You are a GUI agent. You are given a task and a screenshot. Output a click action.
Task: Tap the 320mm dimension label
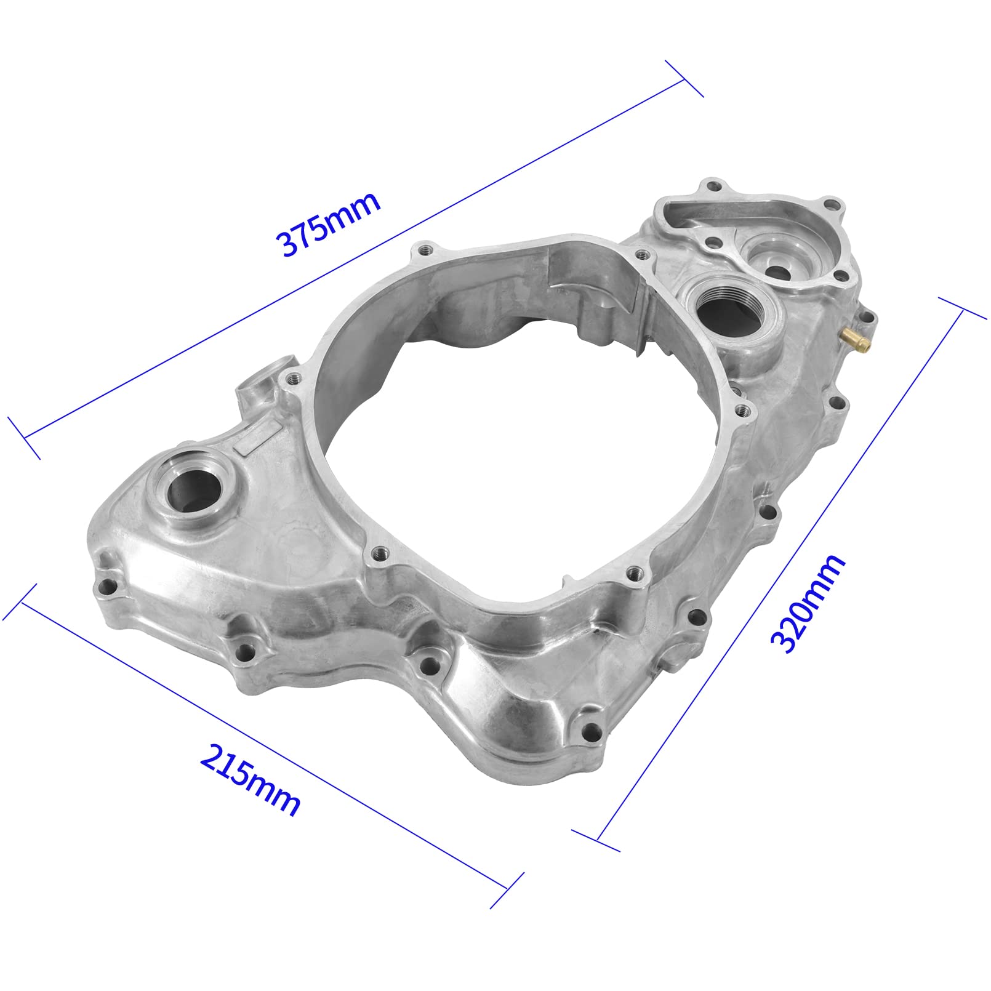[x=808, y=603]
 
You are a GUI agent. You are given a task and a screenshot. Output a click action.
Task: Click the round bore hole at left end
[x=194, y=486]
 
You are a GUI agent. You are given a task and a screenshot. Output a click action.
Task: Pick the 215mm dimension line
[x=265, y=745]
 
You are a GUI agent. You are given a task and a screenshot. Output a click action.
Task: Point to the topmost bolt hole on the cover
[x=714, y=185]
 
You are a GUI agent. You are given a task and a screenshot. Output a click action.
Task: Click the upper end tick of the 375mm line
[x=684, y=79]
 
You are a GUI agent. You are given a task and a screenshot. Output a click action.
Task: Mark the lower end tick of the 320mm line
[x=596, y=841]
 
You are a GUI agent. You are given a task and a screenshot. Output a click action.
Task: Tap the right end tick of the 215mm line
[x=507, y=889]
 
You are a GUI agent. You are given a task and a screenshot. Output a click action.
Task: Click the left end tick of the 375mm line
[x=24, y=438]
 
